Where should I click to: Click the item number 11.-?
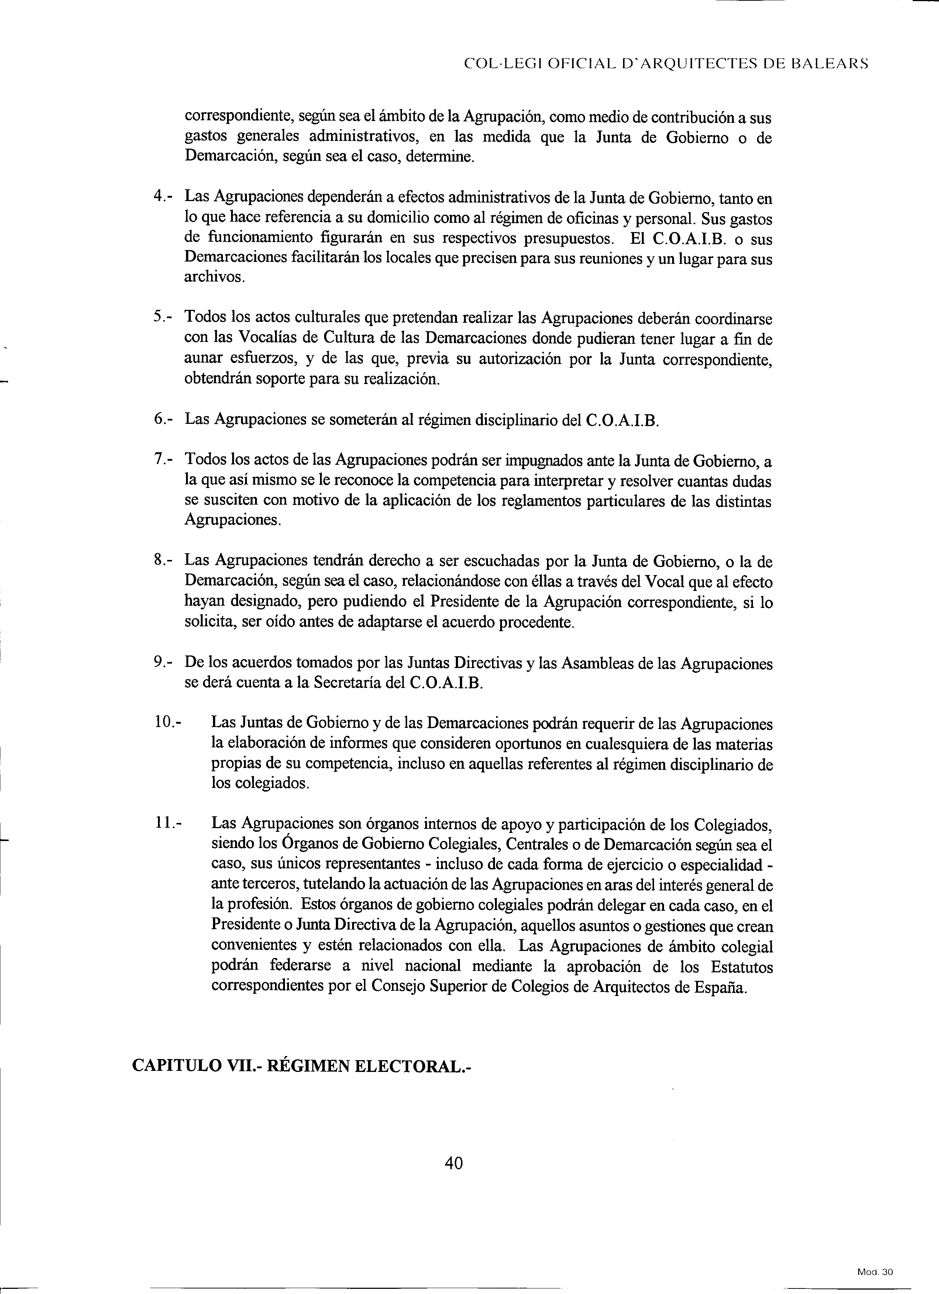tap(167, 823)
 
